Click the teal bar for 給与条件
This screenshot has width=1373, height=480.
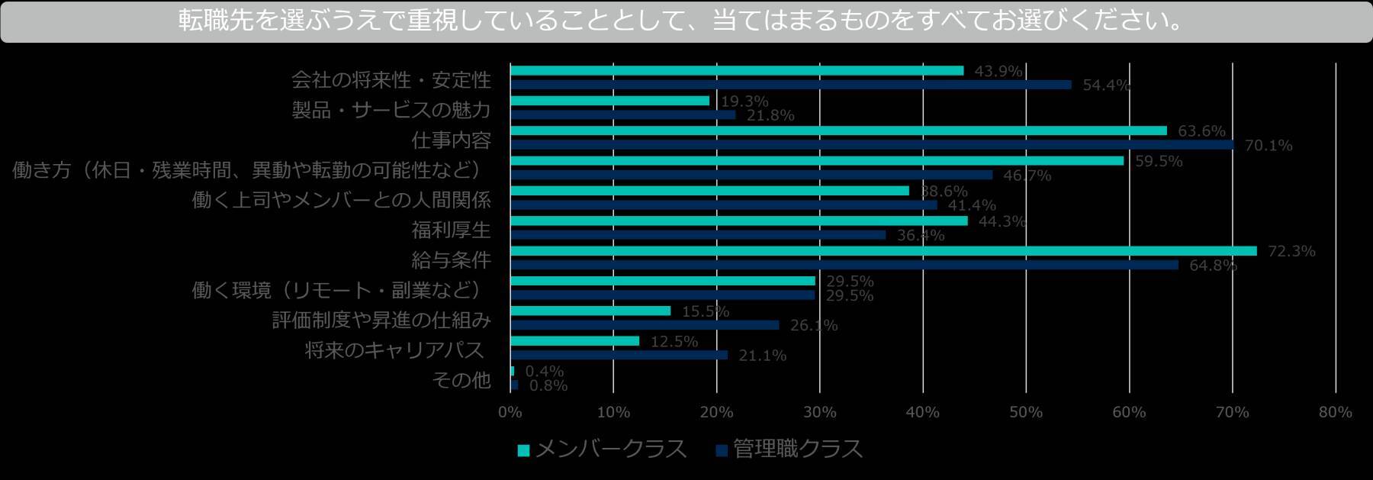pos(883,251)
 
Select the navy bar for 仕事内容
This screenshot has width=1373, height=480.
pos(871,145)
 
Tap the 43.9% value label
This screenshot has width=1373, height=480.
pos(998,71)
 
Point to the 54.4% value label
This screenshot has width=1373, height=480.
pos(1106,85)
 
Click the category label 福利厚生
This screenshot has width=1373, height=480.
pos(451,230)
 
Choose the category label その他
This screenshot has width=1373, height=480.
pos(461,379)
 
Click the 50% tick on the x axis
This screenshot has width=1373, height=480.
pos(1025,413)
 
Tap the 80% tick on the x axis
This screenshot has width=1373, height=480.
pos(1335,413)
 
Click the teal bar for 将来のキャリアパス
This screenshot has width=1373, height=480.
pos(574,341)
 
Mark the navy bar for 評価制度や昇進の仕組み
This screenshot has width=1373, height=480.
pos(645,325)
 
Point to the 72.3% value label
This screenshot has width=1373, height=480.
pos(1291,251)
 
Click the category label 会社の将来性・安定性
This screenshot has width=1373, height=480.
pos(391,80)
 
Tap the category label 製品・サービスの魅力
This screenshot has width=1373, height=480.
pos(391,110)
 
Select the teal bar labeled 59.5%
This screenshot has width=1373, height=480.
pos(816,161)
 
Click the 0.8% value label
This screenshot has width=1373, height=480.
pos(548,386)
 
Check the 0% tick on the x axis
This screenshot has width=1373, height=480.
pos(510,413)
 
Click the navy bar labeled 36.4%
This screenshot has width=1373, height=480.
pos(698,235)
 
